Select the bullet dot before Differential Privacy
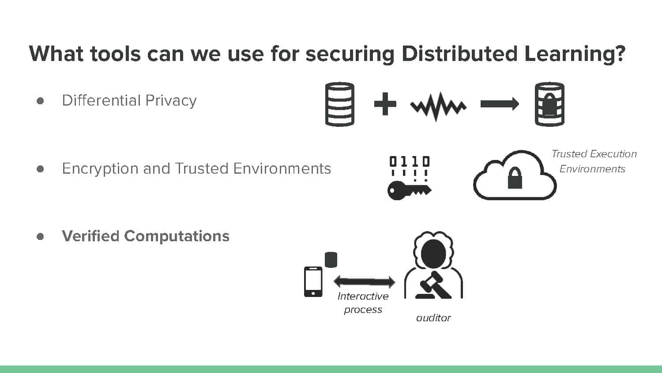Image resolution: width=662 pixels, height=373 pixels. [40, 101]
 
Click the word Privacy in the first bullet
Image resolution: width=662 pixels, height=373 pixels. [171, 101]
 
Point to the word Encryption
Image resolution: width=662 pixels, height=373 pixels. [100, 169]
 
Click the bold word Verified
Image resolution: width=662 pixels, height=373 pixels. [91, 236]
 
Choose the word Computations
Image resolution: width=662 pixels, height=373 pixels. [177, 236]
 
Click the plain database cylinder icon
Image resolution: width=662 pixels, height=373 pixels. [339, 104]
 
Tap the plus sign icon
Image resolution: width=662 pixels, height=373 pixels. [385, 103]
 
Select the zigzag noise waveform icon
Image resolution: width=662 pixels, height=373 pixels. [438, 107]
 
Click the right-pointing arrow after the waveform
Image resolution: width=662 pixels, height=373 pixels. [500, 104]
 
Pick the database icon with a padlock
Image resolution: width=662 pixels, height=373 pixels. [549, 104]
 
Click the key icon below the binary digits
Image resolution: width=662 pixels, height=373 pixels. [409, 190]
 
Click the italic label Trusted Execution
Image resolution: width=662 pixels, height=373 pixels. [594, 154]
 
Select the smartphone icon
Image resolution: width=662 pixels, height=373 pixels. [313, 282]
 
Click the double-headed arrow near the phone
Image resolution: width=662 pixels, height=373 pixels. [365, 282]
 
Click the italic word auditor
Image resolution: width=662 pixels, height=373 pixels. [433, 318]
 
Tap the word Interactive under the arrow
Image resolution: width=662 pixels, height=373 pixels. [363, 297]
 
